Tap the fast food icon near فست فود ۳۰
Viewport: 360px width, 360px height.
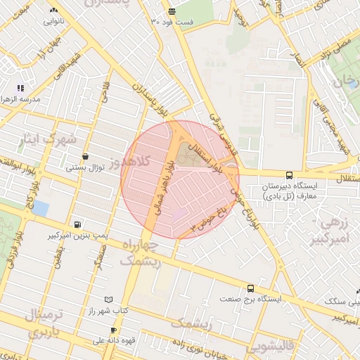(172, 11)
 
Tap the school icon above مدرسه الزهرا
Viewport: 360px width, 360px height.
(21, 89)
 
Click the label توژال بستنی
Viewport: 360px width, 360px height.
(85, 167)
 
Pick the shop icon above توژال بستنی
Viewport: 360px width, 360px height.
(85, 156)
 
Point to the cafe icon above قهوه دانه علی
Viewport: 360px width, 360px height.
(112, 330)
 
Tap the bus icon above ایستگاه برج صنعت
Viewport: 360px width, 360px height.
(250, 288)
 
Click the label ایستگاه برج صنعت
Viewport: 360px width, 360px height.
(250, 299)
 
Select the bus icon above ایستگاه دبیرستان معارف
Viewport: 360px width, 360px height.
(289, 175)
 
